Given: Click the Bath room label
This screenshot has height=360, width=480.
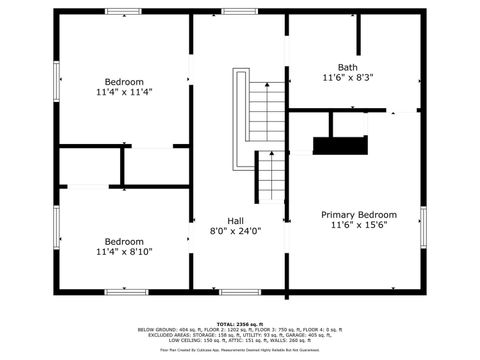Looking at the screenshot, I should pyautogui.click(x=347, y=67).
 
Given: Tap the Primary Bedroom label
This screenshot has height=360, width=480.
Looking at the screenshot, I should pyautogui.click(x=358, y=215).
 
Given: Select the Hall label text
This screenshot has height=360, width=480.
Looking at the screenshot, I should pyautogui.click(x=235, y=220).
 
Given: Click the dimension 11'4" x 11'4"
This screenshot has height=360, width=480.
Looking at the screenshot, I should pyautogui.click(x=124, y=92).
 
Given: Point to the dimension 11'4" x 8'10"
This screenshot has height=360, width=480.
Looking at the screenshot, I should pyautogui.click(x=124, y=252).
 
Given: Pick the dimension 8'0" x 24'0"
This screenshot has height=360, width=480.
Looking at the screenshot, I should pyautogui.click(x=235, y=231).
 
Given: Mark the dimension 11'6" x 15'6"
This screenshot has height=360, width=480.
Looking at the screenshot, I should pyautogui.click(x=358, y=226).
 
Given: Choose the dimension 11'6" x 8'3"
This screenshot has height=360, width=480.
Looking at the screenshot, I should pyautogui.click(x=347, y=78).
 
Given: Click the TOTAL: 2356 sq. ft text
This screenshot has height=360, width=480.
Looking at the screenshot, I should pyautogui.click(x=240, y=324).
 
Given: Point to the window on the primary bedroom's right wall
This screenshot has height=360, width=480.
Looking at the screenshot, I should pyautogui.click(x=423, y=227).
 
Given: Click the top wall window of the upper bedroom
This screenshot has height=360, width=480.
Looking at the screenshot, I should pyautogui.click(x=123, y=12).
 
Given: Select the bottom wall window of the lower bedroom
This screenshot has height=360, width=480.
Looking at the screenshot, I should pyautogui.click(x=123, y=291).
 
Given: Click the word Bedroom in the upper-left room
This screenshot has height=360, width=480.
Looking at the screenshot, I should pyautogui.click(x=124, y=81).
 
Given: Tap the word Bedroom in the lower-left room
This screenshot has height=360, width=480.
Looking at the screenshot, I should pyautogui.click(x=124, y=241).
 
